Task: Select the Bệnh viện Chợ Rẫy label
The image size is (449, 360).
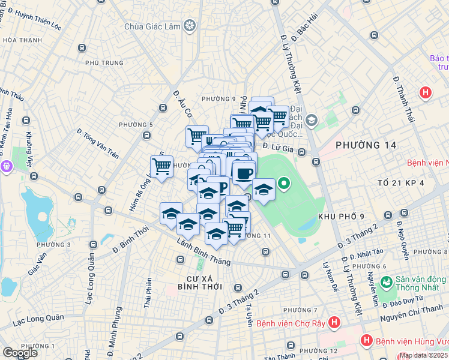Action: pos(291,323)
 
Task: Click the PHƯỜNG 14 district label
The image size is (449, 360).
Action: pos(366,145)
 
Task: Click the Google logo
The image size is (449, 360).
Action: pos(20,353)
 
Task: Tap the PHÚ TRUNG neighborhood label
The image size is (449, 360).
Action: pos(104,62)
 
